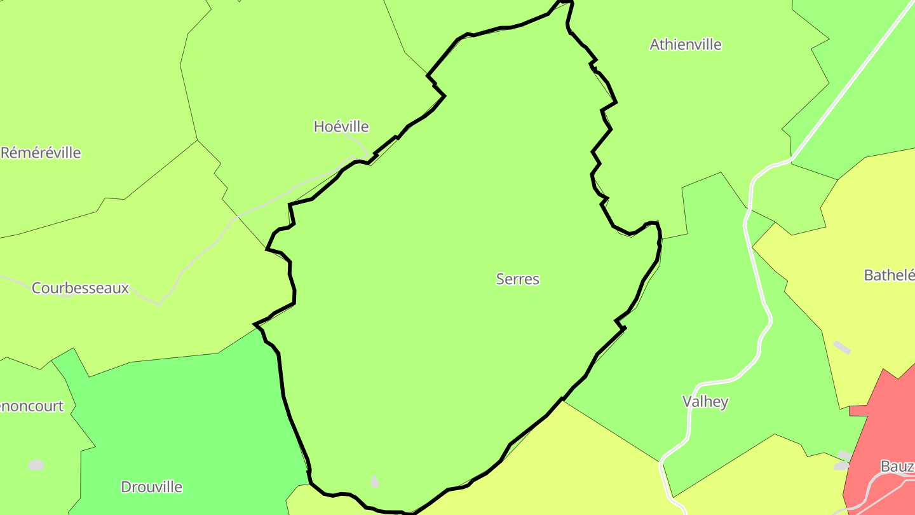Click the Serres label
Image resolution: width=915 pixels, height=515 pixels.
[517, 279]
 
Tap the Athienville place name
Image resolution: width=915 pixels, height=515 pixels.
[685, 45]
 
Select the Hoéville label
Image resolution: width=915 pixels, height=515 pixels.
[341, 127]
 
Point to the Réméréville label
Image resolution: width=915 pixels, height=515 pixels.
[41, 153]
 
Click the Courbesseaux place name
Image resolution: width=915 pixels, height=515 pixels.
[80, 288]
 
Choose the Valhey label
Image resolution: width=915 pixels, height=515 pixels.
[705, 402]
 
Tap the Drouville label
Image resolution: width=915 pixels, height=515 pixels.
[151, 487]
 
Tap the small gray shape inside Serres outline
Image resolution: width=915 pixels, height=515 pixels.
[374, 481]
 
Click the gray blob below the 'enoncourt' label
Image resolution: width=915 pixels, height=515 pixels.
[36, 465]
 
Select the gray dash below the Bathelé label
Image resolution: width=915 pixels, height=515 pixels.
[842, 347]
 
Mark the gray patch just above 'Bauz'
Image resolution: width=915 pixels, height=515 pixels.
[843, 455]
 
